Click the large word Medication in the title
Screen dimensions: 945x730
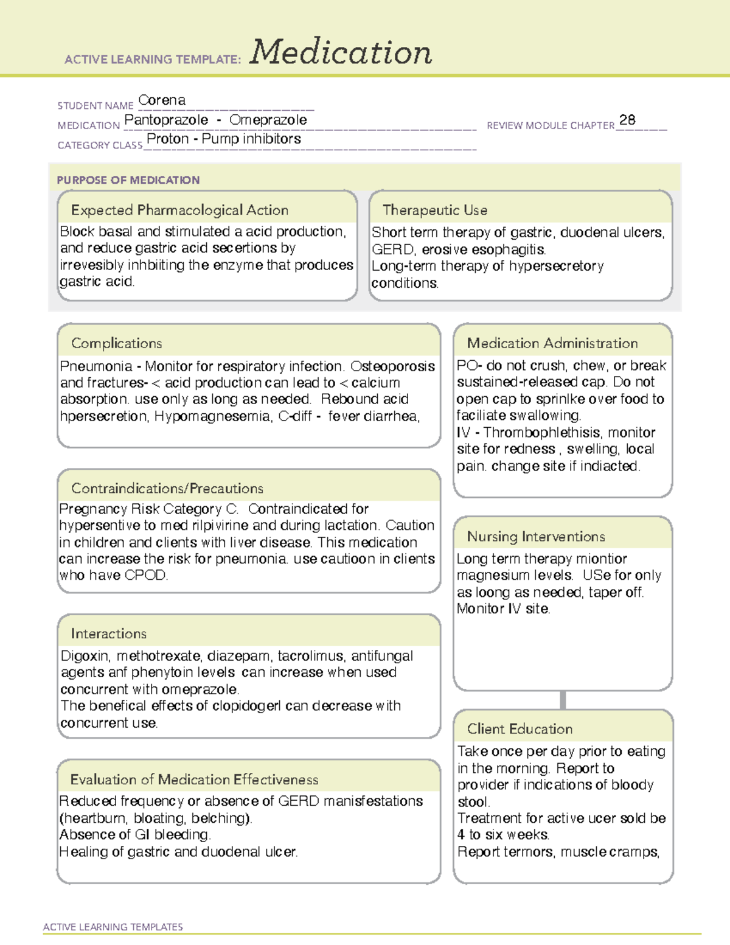point(341,52)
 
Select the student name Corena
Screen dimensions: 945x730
point(162,100)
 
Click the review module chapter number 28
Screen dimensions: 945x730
point(627,120)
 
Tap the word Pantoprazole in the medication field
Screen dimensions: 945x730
point(166,120)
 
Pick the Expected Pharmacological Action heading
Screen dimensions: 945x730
point(179,210)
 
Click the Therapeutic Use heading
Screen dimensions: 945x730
point(434,210)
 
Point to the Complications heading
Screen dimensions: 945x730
point(116,343)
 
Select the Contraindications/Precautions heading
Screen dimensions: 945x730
point(167,488)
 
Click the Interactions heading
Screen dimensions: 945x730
point(108,633)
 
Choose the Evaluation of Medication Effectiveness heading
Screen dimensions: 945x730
point(194,779)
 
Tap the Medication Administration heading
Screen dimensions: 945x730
point(552,343)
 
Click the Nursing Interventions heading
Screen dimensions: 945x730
point(535,536)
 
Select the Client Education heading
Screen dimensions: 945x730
point(520,728)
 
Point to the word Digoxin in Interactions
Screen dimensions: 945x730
point(85,656)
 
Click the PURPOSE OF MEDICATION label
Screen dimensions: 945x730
point(128,180)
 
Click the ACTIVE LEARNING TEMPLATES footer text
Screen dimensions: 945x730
point(113,927)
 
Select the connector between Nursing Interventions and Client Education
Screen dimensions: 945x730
point(563,700)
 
